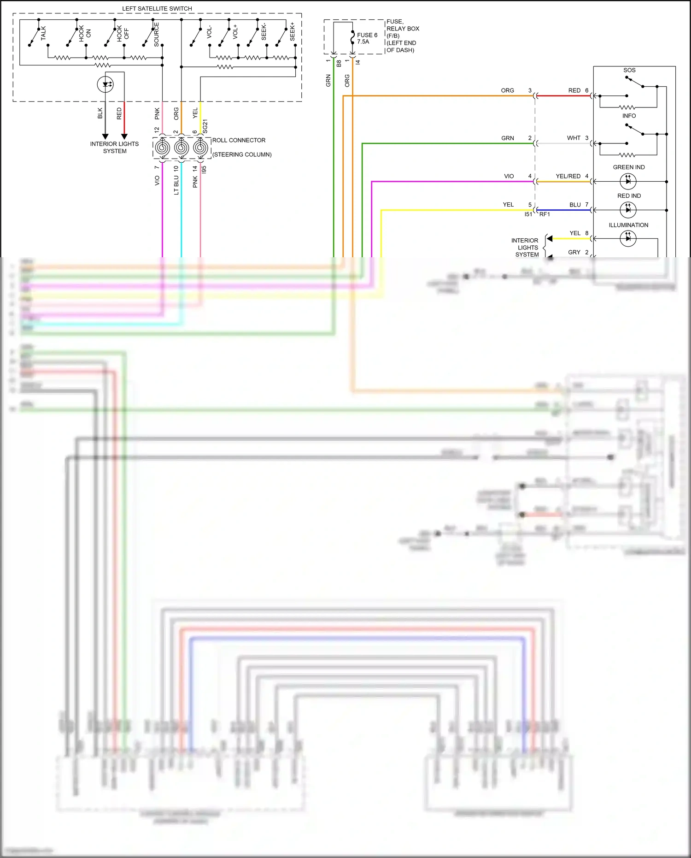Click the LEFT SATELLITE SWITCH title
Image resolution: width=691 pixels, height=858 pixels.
[x=157, y=8]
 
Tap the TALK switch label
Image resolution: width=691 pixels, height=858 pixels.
[x=43, y=33]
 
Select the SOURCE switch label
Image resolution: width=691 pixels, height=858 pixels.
[x=156, y=34]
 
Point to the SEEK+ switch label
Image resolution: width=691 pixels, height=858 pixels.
[x=292, y=31]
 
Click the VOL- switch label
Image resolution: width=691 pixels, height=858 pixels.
[x=209, y=32]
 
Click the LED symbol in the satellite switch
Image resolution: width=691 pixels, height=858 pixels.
[x=105, y=84]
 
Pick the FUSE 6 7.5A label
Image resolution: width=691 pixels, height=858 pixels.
[x=367, y=38]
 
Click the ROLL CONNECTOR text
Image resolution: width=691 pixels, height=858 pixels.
[x=239, y=140]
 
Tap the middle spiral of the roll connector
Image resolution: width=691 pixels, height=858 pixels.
[x=181, y=148]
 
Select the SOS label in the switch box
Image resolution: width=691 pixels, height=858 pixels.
[x=629, y=70]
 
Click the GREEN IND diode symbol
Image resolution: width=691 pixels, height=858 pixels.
[x=628, y=181]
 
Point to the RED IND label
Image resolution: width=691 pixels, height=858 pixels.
[x=629, y=196]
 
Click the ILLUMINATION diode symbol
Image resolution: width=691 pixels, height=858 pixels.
[x=628, y=238]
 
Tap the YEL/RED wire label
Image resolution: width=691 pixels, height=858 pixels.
[x=568, y=176]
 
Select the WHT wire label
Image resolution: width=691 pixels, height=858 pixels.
[x=574, y=138]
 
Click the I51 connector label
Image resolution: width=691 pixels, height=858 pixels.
[x=528, y=214]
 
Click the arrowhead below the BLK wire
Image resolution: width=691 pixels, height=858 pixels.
[x=105, y=136]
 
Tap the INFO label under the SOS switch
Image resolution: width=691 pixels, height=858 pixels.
[x=629, y=116]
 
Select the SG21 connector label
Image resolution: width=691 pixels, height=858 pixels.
[x=205, y=126]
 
